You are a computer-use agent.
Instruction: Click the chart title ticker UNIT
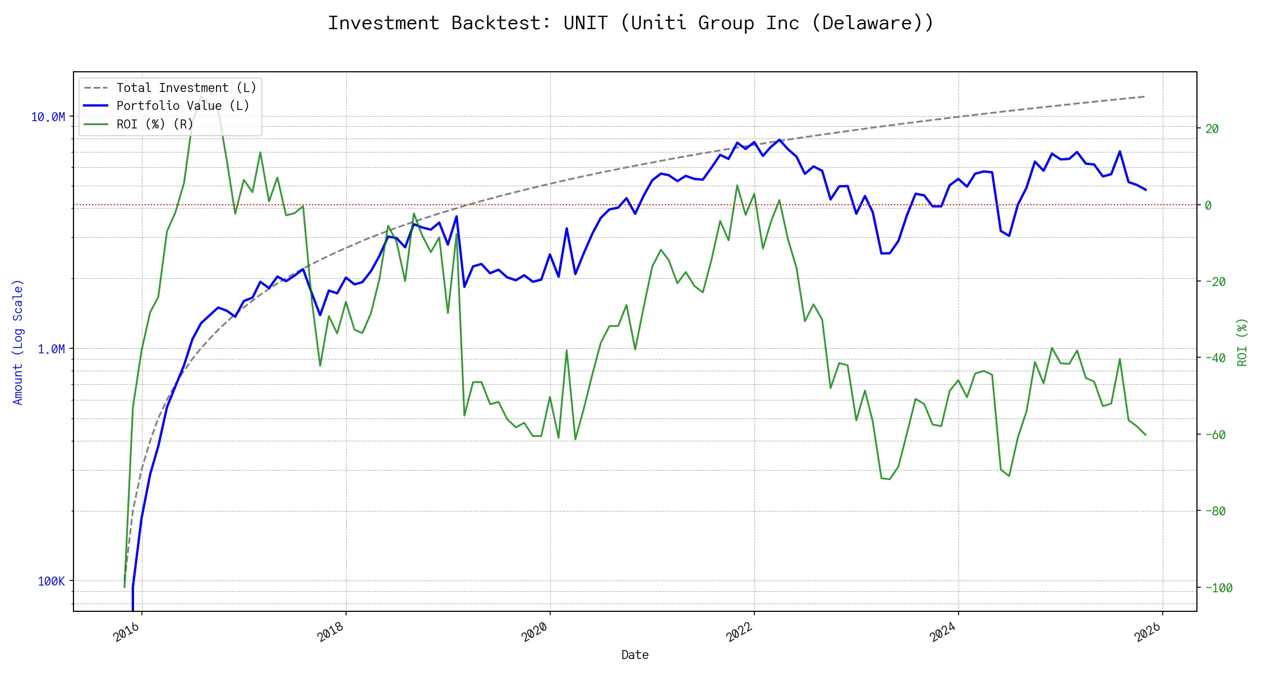point(586,23)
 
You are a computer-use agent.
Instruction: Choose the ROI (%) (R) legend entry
point(154,124)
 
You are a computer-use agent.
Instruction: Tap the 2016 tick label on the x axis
point(127,632)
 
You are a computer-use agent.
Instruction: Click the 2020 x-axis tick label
point(535,632)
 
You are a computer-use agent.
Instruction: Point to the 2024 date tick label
point(943,632)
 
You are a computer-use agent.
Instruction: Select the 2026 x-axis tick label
point(1148,632)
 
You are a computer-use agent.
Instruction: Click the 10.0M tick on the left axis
point(48,117)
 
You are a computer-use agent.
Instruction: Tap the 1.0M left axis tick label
point(51,349)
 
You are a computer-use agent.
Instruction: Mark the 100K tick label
point(51,581)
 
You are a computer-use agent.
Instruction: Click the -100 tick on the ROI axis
point(1218,588)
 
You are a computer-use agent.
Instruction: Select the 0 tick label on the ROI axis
point(1208,205)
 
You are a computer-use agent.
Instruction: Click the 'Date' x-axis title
point(635,654)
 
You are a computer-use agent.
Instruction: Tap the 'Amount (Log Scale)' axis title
point(18,342)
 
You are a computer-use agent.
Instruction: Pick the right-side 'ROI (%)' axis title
point(1242,342)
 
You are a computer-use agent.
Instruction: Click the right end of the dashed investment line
point(1145,96)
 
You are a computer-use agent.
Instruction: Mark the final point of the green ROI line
point(1145,435)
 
